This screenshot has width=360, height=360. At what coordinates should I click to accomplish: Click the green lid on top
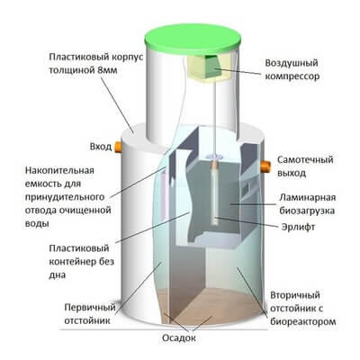193,40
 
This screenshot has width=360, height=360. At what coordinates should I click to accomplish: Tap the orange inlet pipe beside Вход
118,147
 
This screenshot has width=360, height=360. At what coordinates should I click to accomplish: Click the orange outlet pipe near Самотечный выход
265,166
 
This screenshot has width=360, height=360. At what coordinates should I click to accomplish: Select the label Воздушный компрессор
292,69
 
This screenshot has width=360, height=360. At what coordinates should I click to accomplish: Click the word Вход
101,147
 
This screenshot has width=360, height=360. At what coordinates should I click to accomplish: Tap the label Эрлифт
298,227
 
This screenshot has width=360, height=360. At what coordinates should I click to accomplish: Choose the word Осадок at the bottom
179,338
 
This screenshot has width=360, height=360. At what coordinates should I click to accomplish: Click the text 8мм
107,70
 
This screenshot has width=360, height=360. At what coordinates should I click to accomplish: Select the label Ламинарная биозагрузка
307,204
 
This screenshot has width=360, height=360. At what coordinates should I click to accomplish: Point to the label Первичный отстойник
90,314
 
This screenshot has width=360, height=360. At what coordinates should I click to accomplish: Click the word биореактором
302,322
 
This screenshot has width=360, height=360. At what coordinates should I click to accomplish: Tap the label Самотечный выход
305,166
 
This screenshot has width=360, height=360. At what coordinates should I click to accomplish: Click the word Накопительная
59,170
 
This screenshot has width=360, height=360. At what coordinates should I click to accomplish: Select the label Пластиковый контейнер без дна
82,262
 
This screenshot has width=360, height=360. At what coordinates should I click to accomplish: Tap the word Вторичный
295,295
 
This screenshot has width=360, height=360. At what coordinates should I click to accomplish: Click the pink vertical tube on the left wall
164,195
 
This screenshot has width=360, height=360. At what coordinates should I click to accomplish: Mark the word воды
37,224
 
